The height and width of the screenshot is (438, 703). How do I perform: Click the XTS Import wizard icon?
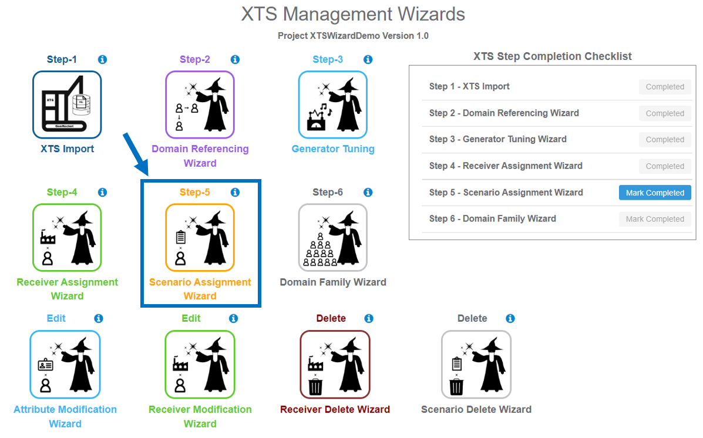[67, 105]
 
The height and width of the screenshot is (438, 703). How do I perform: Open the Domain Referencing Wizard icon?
[200, 105]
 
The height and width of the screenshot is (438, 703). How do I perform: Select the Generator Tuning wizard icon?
[332, 105]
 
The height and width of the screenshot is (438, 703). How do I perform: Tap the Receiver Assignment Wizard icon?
[67, 238]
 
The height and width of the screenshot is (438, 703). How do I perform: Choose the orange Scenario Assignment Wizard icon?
[200, 238]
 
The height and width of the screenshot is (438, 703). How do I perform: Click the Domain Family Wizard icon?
[332, 238]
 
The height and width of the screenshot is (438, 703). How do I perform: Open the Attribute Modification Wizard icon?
[65, 364]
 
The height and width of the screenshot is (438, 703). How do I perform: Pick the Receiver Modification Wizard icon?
[200, 364]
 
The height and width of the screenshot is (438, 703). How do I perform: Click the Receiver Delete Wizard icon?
[335, 364]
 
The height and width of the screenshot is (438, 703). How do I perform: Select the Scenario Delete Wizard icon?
[476, 364]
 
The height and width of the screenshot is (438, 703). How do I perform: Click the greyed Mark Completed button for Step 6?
[655, 219]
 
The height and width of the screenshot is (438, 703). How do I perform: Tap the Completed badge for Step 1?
[665, 87]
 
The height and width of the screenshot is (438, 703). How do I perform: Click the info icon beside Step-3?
[368, 59]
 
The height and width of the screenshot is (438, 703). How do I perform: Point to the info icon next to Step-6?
[368, 192]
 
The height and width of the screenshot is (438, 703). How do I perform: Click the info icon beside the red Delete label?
[369, 318]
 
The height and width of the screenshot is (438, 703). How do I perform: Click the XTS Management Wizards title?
[353, 14]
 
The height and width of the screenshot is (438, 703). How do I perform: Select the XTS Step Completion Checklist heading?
[552, 56]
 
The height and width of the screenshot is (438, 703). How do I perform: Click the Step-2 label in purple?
[195, 59]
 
